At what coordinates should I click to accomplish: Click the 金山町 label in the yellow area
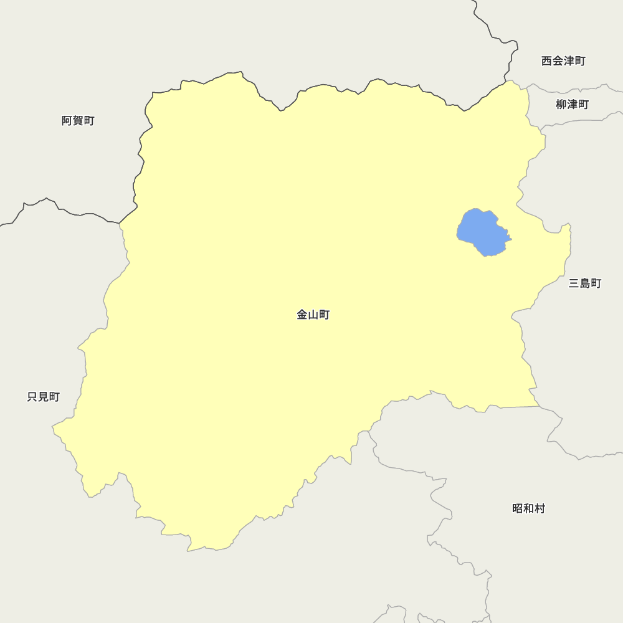(313, 315)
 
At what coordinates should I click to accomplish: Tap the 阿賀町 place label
(78, 121)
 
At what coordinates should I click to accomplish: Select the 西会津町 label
(563, 61)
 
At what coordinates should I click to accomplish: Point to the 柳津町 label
(572, 105)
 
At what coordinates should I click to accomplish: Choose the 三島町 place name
(585, 284)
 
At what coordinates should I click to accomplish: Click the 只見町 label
(44, 397)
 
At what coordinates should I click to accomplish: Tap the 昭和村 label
(528, 509)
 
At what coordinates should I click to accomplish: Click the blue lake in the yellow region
(483, 232)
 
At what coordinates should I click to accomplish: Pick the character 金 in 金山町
(302, 315)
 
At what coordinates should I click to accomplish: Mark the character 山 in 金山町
(313, 315)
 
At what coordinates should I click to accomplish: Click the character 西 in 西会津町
(547, 61)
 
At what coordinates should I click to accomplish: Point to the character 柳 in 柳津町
(561, 105)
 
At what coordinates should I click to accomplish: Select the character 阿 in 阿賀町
(67, 121)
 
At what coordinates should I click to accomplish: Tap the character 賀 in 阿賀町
(78, 121)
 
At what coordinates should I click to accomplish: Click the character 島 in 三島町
(585, 284)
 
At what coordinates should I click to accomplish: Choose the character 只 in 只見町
(33, 397)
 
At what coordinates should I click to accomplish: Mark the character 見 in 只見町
(44, 397)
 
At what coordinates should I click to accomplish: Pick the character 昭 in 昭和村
(518, 509)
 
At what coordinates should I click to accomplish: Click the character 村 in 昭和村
(540, 509)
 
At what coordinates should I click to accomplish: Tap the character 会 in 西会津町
(558, 61)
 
